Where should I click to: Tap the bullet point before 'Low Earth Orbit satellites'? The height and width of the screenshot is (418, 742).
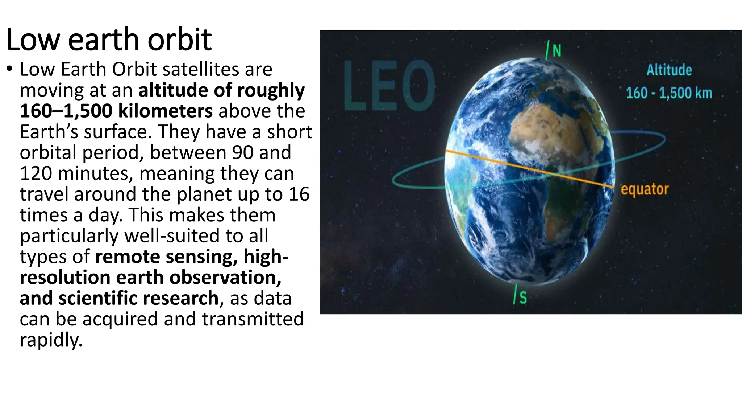[10, 69]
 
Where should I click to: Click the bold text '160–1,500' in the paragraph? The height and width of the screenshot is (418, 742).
[66, 111]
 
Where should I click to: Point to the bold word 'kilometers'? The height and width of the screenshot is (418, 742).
[166, 111]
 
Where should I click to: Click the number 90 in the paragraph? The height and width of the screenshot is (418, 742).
[242, 152]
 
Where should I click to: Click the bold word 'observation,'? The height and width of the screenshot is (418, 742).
[225, 277]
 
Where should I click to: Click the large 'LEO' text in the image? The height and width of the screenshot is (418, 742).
[389, 86]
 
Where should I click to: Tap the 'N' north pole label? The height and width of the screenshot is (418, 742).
[557, 51]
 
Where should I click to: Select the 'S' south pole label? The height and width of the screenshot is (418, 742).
[523, 298]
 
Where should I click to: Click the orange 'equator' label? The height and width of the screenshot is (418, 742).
[645, 189]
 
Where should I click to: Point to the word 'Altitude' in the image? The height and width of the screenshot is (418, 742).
[669, 70]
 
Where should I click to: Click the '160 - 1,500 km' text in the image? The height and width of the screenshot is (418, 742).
[669, 93]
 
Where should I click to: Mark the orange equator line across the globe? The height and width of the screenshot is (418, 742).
[529, 169]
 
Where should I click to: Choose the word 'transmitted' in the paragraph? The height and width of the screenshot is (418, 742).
[253, 319]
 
